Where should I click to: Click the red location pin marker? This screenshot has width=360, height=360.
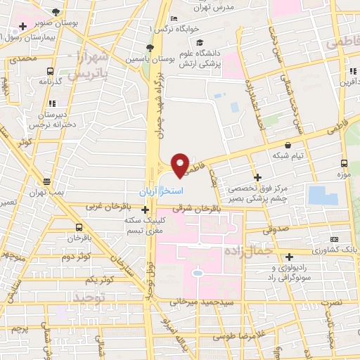(x=180, y=165)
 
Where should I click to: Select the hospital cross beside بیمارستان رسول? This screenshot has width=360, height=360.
(x=23, y=26)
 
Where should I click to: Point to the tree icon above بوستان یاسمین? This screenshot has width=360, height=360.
(x=149, y=48)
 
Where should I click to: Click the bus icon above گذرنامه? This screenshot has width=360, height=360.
(x=50, y=71)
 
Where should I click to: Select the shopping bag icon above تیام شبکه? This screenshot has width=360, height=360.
(x=288, y=145)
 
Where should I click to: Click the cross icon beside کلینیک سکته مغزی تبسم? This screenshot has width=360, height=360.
(x=145, y=209)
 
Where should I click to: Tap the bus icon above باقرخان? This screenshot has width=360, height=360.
(x=78, y=228)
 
